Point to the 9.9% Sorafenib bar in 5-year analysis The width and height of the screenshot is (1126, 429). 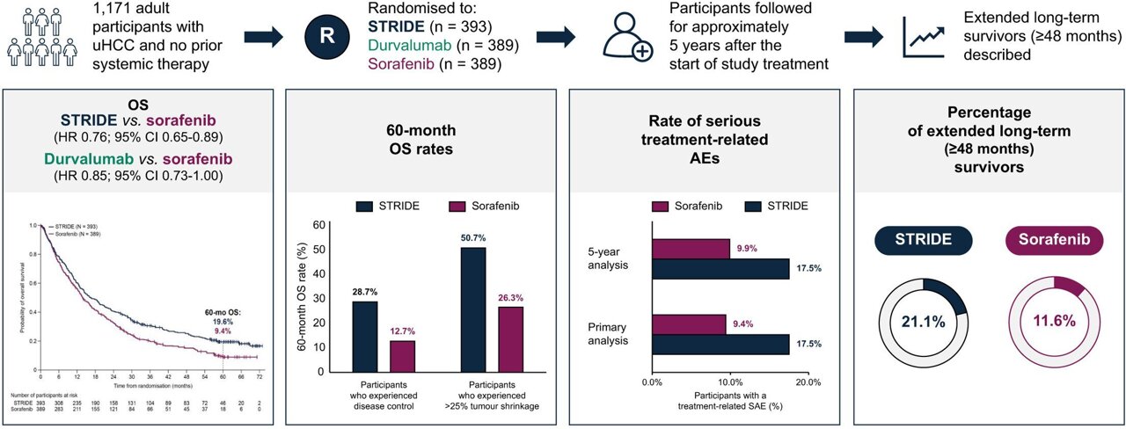pyautogui.click(x=691, y=250)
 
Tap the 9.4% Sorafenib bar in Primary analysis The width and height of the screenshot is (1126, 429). pyautogui.click(x=689, y=324)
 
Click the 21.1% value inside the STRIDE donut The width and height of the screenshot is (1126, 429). pyautogui.click(x=923, y=322)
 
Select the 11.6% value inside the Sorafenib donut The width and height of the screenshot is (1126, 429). pyautogui.click(x=1054, y=322)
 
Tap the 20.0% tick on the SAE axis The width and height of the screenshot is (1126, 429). pyautogui.click(x=808, y=383)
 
